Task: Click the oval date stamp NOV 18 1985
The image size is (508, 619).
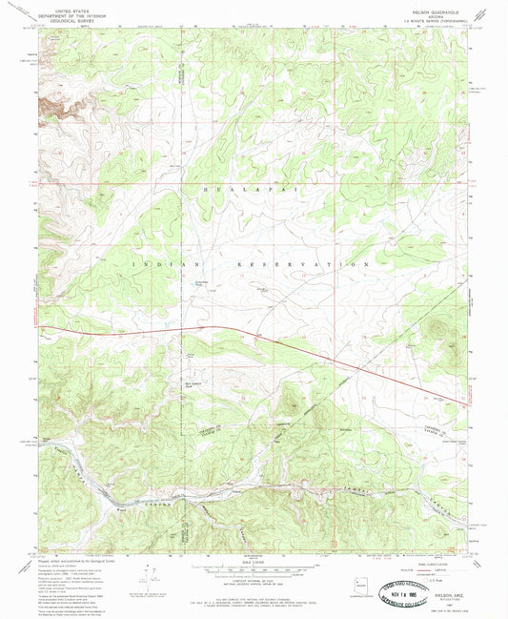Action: [413, 587]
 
